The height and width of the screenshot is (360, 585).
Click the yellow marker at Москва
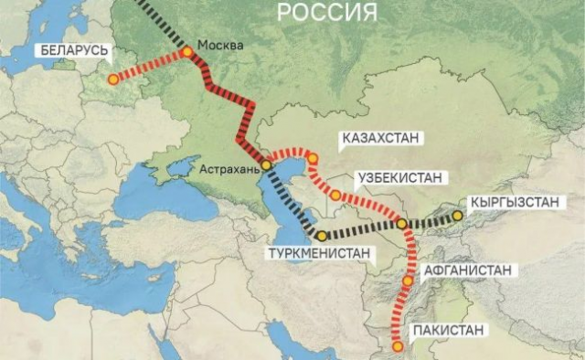[x=187, y=52]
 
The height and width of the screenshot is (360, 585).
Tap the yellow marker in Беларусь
[x=112, y=79]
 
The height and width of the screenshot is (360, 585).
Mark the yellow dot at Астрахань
[x=266, y=166]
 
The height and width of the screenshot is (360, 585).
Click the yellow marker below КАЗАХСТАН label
[x=313, y=159]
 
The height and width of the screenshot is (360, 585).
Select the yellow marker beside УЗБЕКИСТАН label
[x=336, y=195]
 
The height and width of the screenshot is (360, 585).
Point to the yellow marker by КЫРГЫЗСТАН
[x=458, y=217]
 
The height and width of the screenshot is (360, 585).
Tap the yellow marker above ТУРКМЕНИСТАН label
[x=323, y=236]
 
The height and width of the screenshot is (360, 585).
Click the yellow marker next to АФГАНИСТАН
[x=408, y=281]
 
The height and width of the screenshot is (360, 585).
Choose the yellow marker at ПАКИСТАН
[x=398, y=346]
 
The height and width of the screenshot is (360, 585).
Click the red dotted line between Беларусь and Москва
[x=150, y=66]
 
